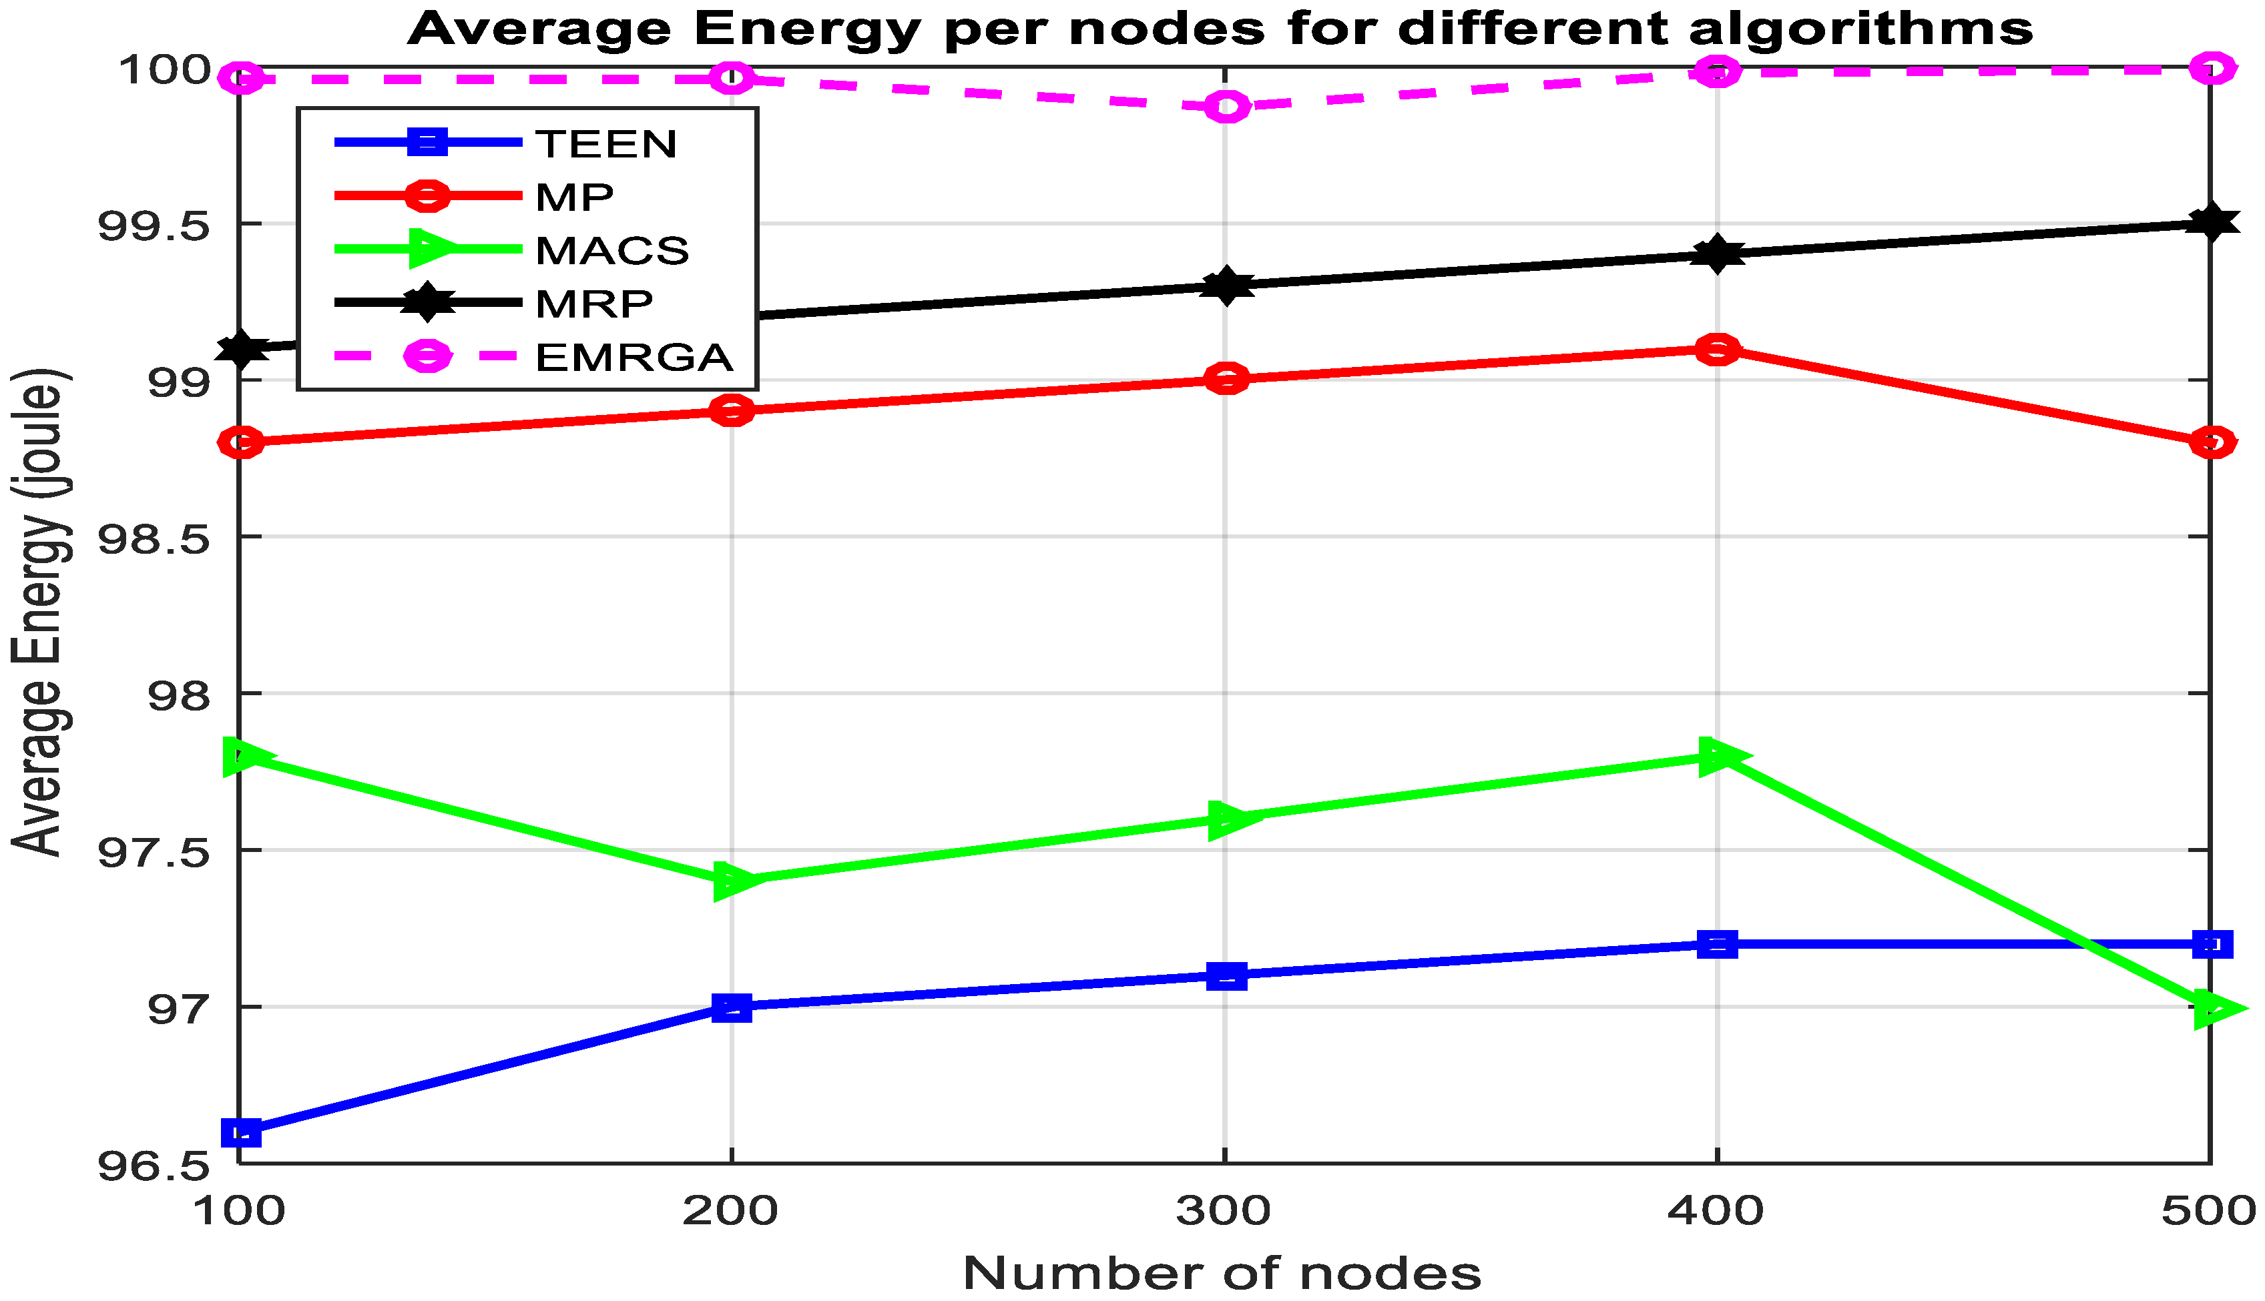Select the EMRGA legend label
(x=634, y=358)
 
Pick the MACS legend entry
(x=612, y=250)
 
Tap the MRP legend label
(x=593, y=304)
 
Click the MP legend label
(x=574, y=197)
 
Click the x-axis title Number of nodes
(x=1221, y=1273)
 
